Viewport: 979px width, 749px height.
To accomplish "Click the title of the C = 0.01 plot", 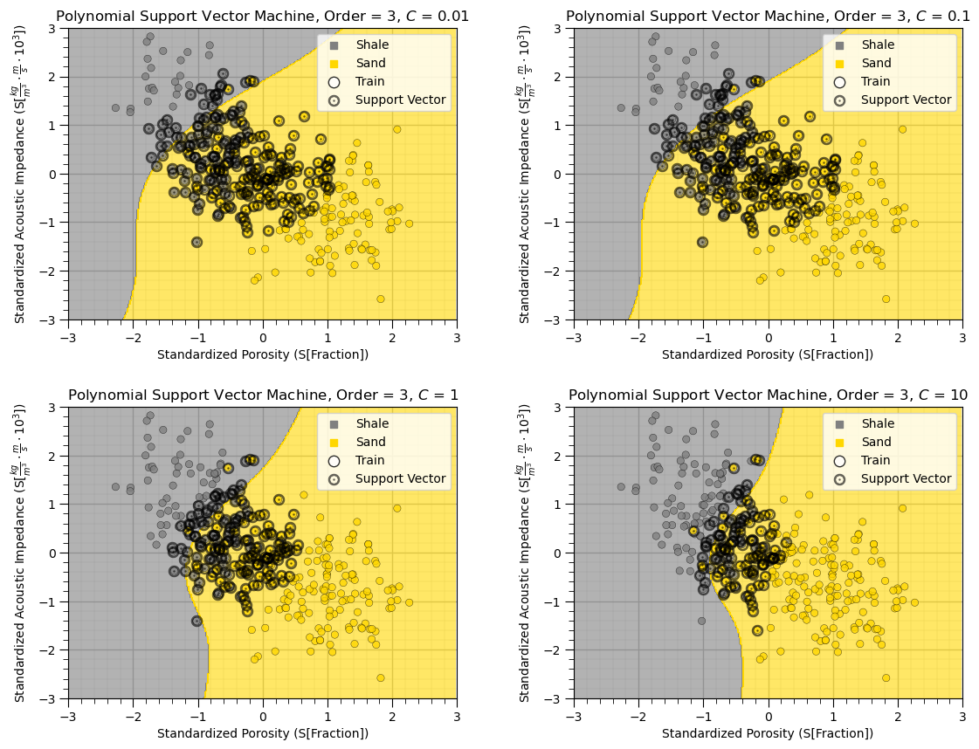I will tap(262, 16).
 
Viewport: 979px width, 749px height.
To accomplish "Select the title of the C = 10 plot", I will tap(768, 395).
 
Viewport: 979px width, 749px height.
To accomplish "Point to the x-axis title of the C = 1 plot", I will tap(262, 733).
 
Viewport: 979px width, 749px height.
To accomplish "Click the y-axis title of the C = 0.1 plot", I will tap(527, 175).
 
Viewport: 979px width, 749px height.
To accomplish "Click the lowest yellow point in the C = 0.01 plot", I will tap(381, 299).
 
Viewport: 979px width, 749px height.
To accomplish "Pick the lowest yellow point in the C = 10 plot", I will tap(886, 677).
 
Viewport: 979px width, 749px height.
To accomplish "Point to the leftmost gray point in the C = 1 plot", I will tap(115, 486).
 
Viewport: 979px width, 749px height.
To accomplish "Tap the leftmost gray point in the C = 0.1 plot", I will tap(621, 108).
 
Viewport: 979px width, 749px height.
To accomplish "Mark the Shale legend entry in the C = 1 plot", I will tap(372, 423).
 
